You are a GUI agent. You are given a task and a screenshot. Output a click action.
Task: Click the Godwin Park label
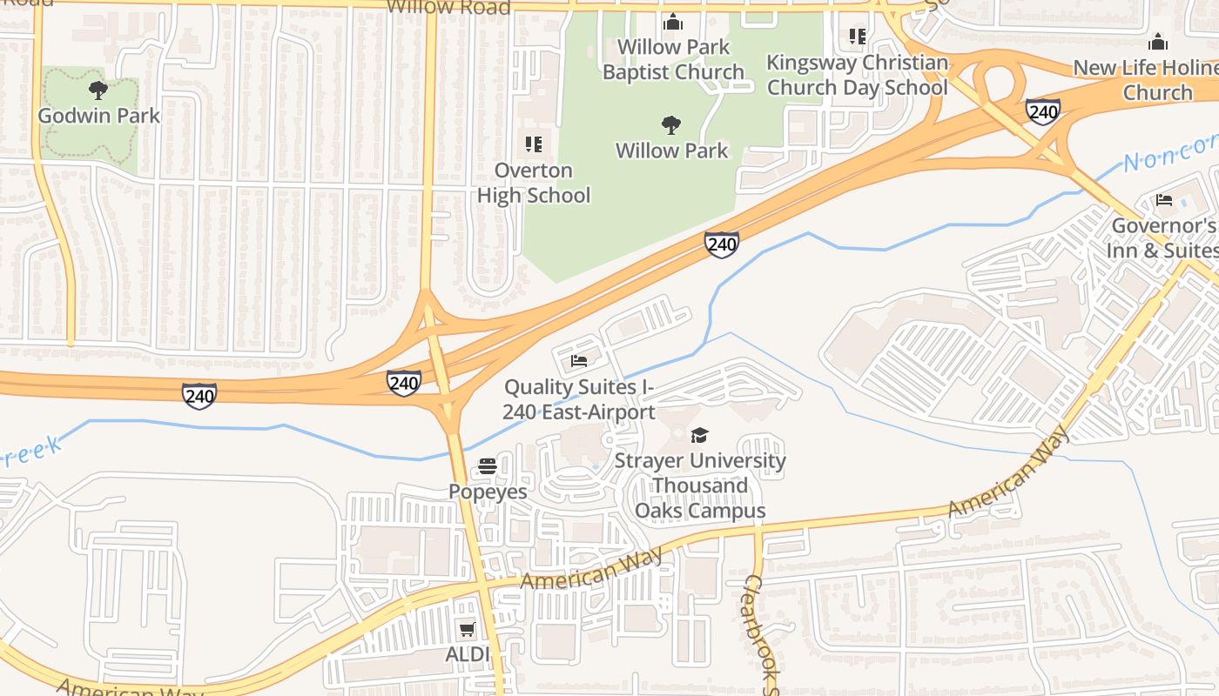click(x=98, y=116)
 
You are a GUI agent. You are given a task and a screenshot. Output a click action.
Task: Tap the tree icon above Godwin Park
click(x=98, y=89)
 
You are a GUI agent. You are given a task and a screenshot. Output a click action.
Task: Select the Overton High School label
click(x=533, y=183)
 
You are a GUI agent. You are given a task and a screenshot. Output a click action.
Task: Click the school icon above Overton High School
click(x=533, y=144)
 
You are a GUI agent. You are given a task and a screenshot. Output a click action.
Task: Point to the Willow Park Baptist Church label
click(x=673, y=59)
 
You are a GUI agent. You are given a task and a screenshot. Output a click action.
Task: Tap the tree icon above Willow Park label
click(x=670, y=125)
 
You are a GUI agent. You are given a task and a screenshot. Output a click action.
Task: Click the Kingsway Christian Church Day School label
click(x=857, y=75)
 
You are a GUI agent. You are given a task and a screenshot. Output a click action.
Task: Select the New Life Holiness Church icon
click(x=1157, y=42)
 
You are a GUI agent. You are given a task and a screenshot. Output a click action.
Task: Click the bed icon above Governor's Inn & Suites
click(x=1164, y=200)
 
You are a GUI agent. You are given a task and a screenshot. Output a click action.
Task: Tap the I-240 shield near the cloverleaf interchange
click(x=1042, y=111)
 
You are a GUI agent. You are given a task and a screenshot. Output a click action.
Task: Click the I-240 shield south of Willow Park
click(x=722, y=245)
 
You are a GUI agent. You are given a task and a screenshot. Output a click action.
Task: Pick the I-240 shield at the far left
click(x=199, y=397)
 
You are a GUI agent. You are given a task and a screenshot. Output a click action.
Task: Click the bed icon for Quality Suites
click(x=579, y=360)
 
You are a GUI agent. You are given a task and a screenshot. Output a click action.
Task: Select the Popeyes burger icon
click(x=487, y=466)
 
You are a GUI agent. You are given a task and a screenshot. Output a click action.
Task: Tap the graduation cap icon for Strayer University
click(x=699, y=435)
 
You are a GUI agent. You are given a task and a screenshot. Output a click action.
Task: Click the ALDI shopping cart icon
click(x=468, y=629)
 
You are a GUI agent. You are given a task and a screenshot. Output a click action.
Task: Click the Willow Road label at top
click(x=448, y=7)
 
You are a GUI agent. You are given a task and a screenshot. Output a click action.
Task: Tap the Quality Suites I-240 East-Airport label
click(x=578, y=399)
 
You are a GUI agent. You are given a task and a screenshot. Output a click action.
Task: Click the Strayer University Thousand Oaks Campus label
click(x=699, y=485)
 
